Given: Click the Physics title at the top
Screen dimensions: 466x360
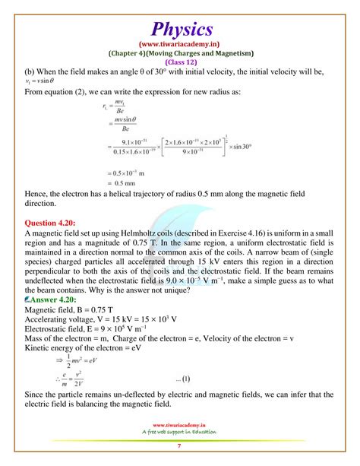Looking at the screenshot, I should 181,29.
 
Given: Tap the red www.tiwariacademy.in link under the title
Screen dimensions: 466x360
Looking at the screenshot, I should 181,45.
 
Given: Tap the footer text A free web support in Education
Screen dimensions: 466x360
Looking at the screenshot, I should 179,432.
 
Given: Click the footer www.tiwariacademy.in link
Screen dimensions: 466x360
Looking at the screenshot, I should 179,425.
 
